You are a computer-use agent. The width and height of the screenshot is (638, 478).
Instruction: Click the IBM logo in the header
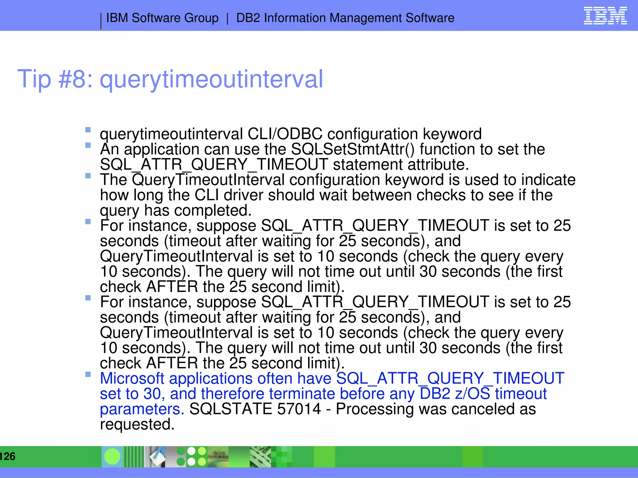[605, 16]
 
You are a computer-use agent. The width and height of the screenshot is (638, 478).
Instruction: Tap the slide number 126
[7, 456]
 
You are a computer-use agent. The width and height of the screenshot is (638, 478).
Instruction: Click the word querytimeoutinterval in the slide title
[211, 79]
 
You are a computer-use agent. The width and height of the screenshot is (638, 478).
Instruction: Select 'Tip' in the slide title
[34, 79]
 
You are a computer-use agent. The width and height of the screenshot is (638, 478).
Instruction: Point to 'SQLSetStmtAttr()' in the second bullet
[353, 149]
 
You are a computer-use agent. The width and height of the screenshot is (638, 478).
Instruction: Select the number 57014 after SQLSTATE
[299, 409]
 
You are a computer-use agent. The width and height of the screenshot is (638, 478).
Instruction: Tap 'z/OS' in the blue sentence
[472, 394]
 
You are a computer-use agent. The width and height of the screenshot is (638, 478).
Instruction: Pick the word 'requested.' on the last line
[137, 424]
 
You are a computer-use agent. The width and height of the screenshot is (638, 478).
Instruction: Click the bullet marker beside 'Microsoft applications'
[88, 374]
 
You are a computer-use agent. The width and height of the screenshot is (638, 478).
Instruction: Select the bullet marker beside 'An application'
[88, 145]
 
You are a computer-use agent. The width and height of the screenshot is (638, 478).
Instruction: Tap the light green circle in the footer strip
[112, 457]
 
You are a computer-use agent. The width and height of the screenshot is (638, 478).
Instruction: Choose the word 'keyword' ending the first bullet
[452, 134]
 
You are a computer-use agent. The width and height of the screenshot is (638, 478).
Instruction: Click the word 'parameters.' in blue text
[142, 409]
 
